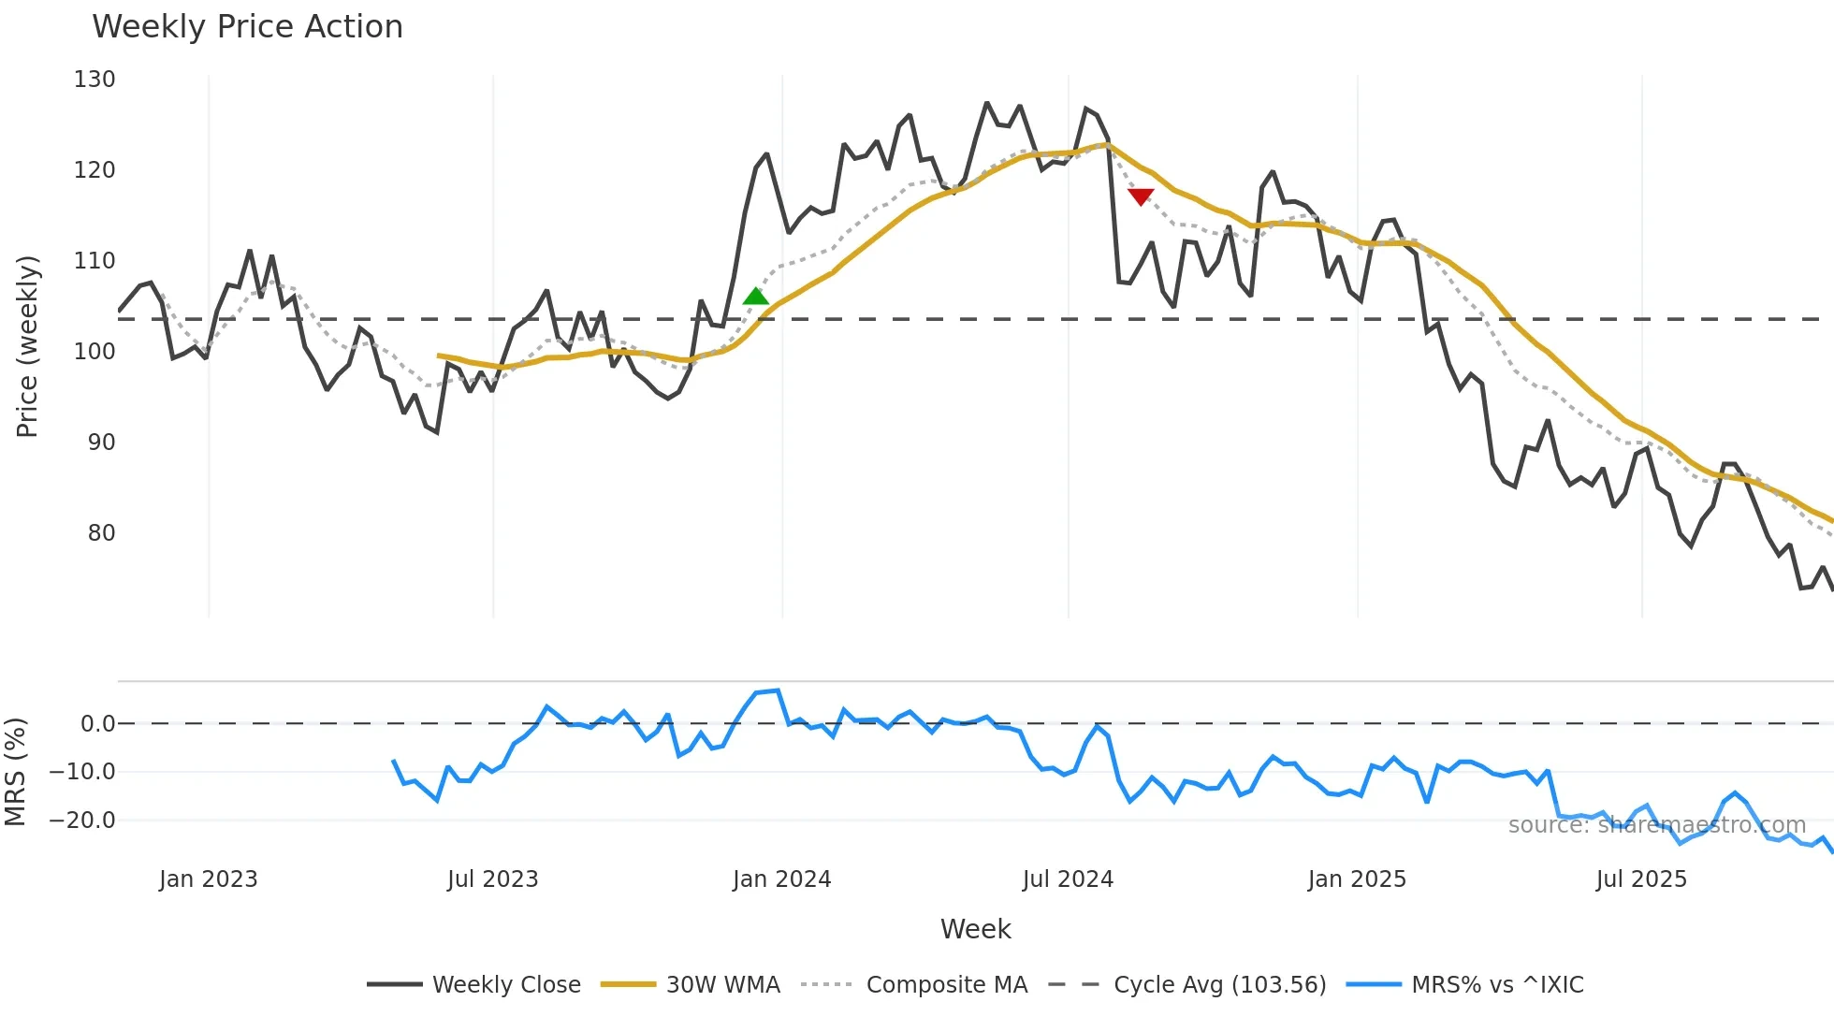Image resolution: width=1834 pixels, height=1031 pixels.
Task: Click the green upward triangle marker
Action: pos(755,297)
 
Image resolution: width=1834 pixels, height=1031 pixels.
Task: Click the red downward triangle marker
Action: pos(1141,196)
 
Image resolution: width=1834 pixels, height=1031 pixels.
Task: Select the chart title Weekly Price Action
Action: pos(247,27)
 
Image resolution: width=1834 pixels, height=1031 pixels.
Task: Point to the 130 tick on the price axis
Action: pos(95,80)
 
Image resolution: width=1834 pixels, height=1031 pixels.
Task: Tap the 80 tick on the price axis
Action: pos(101,533)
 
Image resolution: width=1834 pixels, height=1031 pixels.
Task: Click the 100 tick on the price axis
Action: pos(95,352)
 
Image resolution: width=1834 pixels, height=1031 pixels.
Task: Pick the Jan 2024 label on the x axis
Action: pos(781,879)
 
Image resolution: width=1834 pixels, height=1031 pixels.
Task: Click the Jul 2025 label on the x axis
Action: pos(1641,879)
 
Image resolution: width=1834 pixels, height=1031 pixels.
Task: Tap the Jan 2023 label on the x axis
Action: pos(208,879)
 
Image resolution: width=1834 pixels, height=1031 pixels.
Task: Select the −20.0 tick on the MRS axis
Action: pos(82,820)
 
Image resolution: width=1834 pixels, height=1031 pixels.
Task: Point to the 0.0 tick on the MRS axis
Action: pos(97,724)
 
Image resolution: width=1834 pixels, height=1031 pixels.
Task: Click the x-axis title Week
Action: pos(975,929)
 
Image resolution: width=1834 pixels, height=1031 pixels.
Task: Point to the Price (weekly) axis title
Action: pos(27,346)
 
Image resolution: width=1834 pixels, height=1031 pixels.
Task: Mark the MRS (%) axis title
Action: pos(15,772)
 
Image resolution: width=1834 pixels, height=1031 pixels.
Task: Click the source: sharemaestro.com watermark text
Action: pos(1656,825)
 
